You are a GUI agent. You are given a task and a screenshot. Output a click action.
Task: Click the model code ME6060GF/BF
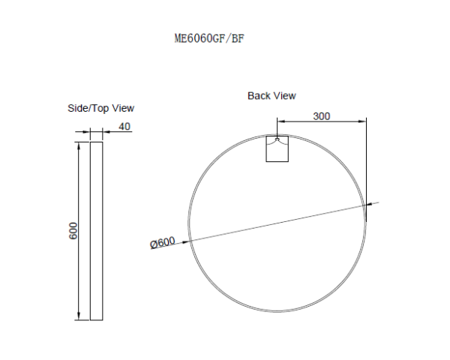(x=208, y=38)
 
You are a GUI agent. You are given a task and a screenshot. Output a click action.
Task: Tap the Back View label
(x=271, y=96)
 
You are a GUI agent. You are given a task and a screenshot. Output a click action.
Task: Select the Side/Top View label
(x=101, y=109)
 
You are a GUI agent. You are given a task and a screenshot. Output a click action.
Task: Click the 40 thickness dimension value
(x=124, y=126)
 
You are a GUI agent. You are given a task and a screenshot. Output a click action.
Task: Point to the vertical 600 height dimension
(x=73, y=230)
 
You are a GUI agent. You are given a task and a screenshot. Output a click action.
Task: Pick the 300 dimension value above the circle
(x=322, y=116)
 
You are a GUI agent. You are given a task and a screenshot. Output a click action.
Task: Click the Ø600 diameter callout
(x=163, y=242)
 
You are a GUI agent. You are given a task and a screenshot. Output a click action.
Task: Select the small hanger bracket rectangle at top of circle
(x=278, y=148)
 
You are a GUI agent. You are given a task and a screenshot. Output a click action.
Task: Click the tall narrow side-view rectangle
(x=96, y=230)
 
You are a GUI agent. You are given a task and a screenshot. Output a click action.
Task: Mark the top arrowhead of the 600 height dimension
(x=79, y=143)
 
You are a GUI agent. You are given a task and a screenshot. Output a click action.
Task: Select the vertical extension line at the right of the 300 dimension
(x=366, y=165)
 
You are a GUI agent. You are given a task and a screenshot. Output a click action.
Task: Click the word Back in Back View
(x=259, y=96)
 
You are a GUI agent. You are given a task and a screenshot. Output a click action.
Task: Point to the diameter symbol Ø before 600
(x=154, y=244)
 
